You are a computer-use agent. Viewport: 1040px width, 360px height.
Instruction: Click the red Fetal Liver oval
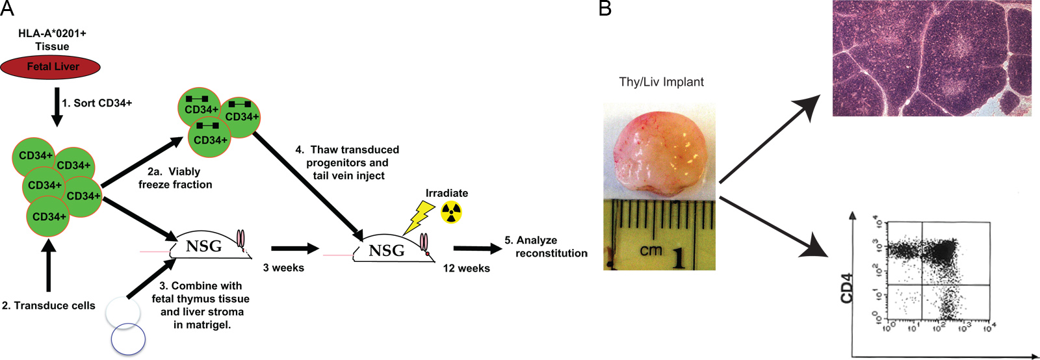point(51,66)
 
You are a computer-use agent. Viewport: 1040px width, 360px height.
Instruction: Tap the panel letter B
point(604,8)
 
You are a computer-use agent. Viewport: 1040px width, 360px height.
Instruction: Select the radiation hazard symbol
point(451,212)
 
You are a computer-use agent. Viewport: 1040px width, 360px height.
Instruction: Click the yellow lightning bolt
point(419,217)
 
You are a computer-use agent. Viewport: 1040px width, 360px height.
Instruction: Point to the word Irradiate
point(447,193)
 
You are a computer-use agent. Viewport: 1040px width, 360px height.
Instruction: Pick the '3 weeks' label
point(283,268)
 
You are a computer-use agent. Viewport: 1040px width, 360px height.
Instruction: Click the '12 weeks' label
point(466,268)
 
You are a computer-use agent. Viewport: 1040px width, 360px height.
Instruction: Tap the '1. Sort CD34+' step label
point(97,103)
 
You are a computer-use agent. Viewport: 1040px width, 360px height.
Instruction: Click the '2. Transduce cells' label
point(49,305)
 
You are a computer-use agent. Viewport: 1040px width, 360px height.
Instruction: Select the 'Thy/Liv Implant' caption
point(661,82)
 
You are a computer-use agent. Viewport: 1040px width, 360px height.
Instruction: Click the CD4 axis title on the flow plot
point(846,288)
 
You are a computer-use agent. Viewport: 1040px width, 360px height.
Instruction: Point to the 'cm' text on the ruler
point(650,250)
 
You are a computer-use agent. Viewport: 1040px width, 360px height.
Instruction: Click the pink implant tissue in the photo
point(658,153)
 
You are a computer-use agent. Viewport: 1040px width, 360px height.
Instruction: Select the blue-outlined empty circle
point(128,339)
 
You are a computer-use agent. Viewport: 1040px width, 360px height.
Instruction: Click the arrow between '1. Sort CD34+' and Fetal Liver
point(57,106)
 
